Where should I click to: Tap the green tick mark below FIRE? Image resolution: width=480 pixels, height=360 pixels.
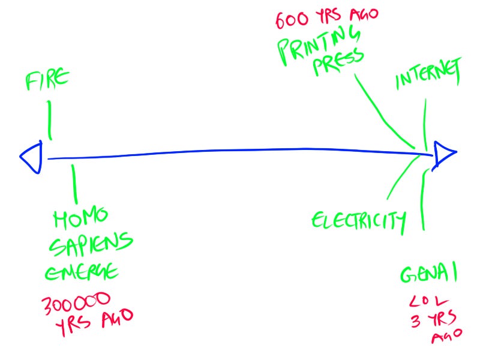[x=49, y=120]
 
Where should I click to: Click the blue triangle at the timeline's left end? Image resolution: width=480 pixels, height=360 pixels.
[x=32, y=158]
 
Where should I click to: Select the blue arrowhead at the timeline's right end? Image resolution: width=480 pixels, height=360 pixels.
[x=445, y=154]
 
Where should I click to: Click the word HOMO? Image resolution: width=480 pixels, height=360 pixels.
[x=80, y=218]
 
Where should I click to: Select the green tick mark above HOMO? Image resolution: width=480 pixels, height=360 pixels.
[x=74, y=183]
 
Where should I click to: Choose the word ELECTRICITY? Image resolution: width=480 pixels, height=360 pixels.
[x=358, y=221]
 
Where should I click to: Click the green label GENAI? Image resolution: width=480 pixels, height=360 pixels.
[x=429, y=275]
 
